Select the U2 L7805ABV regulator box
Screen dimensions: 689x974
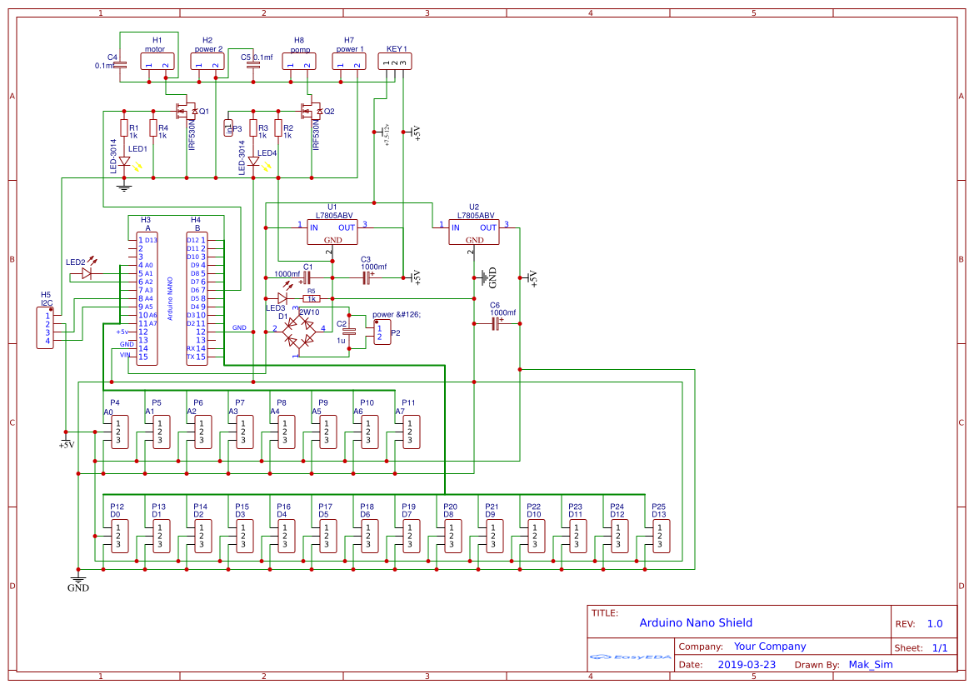[474, 232]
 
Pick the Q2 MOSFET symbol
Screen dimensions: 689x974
[309, 111]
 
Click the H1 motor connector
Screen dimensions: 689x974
[157, 61]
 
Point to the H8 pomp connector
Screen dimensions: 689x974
[299, 61]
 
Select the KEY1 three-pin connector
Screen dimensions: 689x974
[394, 61]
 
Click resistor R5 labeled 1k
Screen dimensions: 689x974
[311, 298]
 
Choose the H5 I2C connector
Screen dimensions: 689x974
[47, 328]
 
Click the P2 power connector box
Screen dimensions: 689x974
[382, 332]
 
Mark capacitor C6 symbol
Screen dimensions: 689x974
[496, 323]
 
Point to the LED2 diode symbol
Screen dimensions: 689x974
[87, 272]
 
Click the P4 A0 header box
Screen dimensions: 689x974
[118, 432]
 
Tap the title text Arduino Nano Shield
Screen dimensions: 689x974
[696, 622]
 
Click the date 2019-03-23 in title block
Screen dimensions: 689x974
[746, 665]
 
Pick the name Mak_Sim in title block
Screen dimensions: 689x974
[871, 665]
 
